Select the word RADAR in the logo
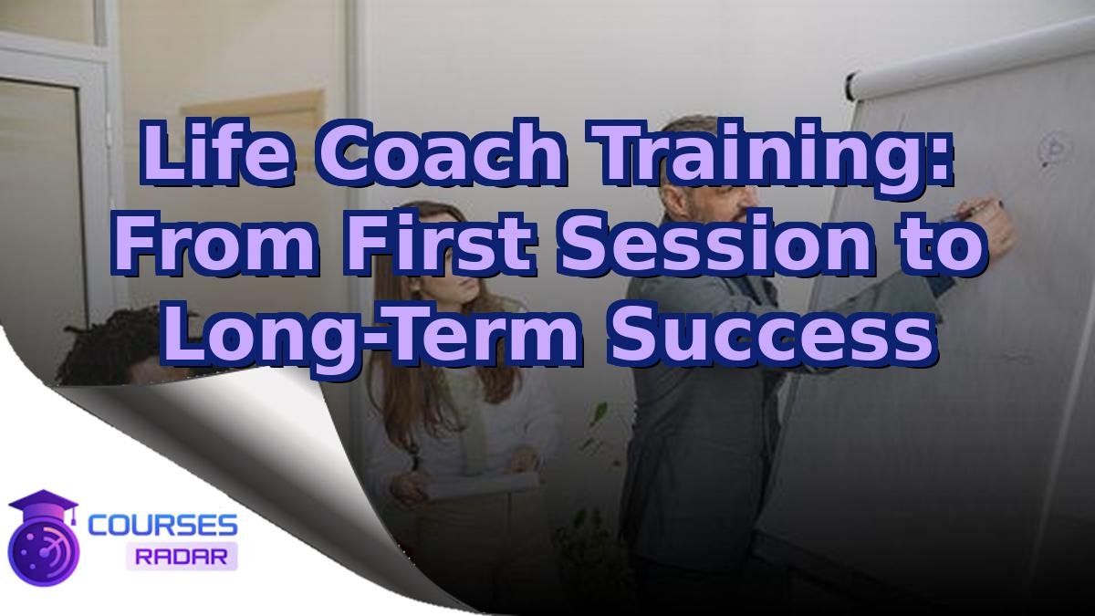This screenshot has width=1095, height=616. pos(181,555)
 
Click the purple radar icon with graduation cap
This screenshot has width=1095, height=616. pos(43,538)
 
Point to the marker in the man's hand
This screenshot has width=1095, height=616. pos(972,209)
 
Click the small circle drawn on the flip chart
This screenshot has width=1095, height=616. pos(1057,147)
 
